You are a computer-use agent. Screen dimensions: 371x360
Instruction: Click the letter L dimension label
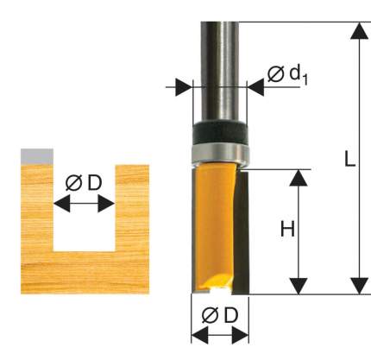tap(349, 159)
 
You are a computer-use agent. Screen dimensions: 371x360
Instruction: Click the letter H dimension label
tap(287, 230)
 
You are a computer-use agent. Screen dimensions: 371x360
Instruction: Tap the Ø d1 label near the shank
tap(287, 75)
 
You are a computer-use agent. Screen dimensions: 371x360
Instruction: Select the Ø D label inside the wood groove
tap(84, 183)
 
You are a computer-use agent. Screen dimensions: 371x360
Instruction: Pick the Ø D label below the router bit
tap(220, 315)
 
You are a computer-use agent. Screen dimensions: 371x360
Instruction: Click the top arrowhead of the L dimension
tap(360, 31)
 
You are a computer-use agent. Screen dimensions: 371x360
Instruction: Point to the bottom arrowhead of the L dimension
tap(360, 286)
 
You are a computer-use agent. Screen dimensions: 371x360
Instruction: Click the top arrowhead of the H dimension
tap(299, 178)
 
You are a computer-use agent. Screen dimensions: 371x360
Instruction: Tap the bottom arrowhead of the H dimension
tap(299, 286)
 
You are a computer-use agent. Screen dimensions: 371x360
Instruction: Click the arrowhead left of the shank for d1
tap(184, 87)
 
